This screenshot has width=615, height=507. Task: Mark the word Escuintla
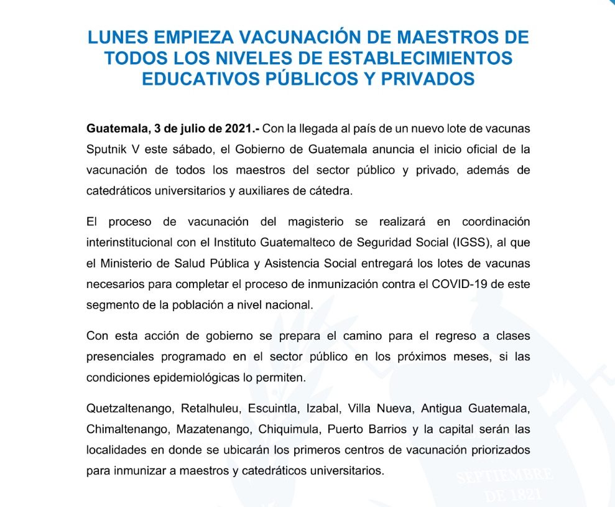tap(273, 409)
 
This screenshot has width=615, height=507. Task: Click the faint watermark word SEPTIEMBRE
tap(504, 477)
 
